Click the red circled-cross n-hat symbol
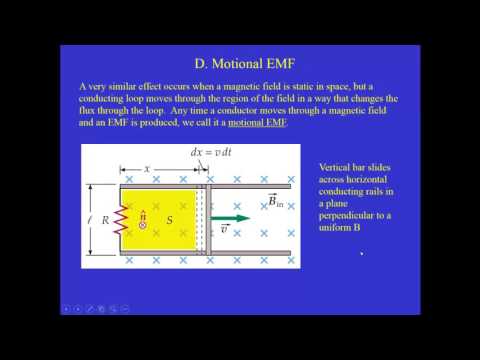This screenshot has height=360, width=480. click(142, 224)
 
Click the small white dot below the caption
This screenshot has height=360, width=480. click(362, 254)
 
